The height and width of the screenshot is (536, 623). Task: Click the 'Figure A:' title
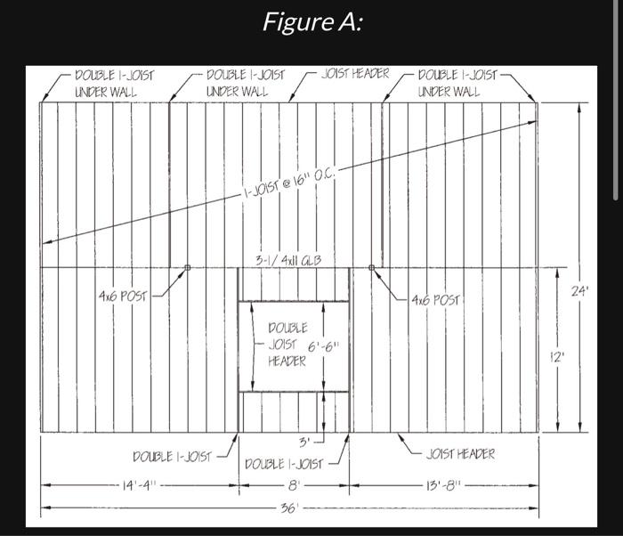tap(311, 22)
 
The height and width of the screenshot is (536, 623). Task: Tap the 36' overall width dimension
tap(287, 508)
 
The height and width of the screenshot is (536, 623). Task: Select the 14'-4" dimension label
tap(140, 485)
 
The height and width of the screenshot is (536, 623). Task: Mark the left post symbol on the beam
tap(187, 266)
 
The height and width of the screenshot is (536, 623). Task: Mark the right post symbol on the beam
tap(372, 266)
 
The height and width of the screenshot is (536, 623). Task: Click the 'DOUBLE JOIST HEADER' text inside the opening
tap(287, 345)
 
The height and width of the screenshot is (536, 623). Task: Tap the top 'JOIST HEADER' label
tap(355, 74)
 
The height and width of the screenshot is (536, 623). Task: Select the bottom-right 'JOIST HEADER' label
tap(460, 454)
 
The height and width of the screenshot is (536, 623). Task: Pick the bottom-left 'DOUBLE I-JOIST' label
tap(172, 457)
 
